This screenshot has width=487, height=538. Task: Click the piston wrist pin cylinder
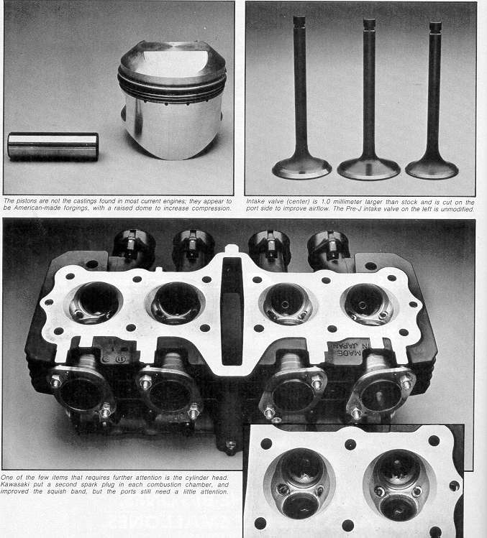click(53, 147)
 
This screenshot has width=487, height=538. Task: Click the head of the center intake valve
click(369, 169)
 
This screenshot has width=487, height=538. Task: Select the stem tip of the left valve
click(299, 19)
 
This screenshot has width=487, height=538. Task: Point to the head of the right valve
click(432, 168)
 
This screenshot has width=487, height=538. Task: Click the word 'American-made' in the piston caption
click(36, 208)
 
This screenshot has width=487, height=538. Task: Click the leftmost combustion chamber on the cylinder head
click(96, 302)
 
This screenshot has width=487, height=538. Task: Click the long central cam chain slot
click(232, 310)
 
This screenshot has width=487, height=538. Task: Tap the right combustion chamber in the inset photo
click(399, 484)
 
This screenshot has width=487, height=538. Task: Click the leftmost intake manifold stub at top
click(133, 247)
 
